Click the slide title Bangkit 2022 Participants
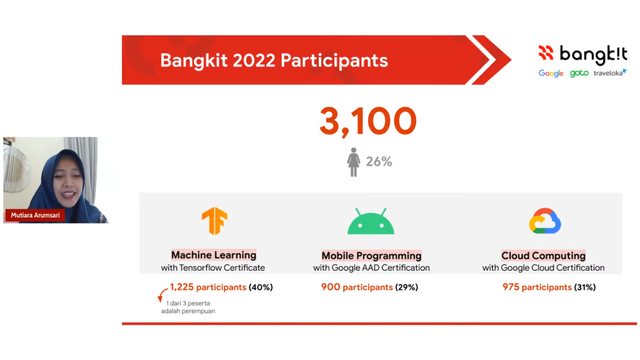point(274,60)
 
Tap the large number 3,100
point(367,121)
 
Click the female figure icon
point(353,162)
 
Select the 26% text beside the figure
point(379,162)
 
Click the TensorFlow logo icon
point(214,220)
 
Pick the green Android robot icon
point(371,221)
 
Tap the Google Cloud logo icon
point(544,220)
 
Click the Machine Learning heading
point(213,255)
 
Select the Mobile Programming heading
point(371,256)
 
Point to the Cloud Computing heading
point(543,256)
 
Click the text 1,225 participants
point(208,287)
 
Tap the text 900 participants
point(356,287)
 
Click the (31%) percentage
point(584,287)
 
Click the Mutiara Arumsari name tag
point(35,215)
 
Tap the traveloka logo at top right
point(610,73)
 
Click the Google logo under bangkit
point(551,73)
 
